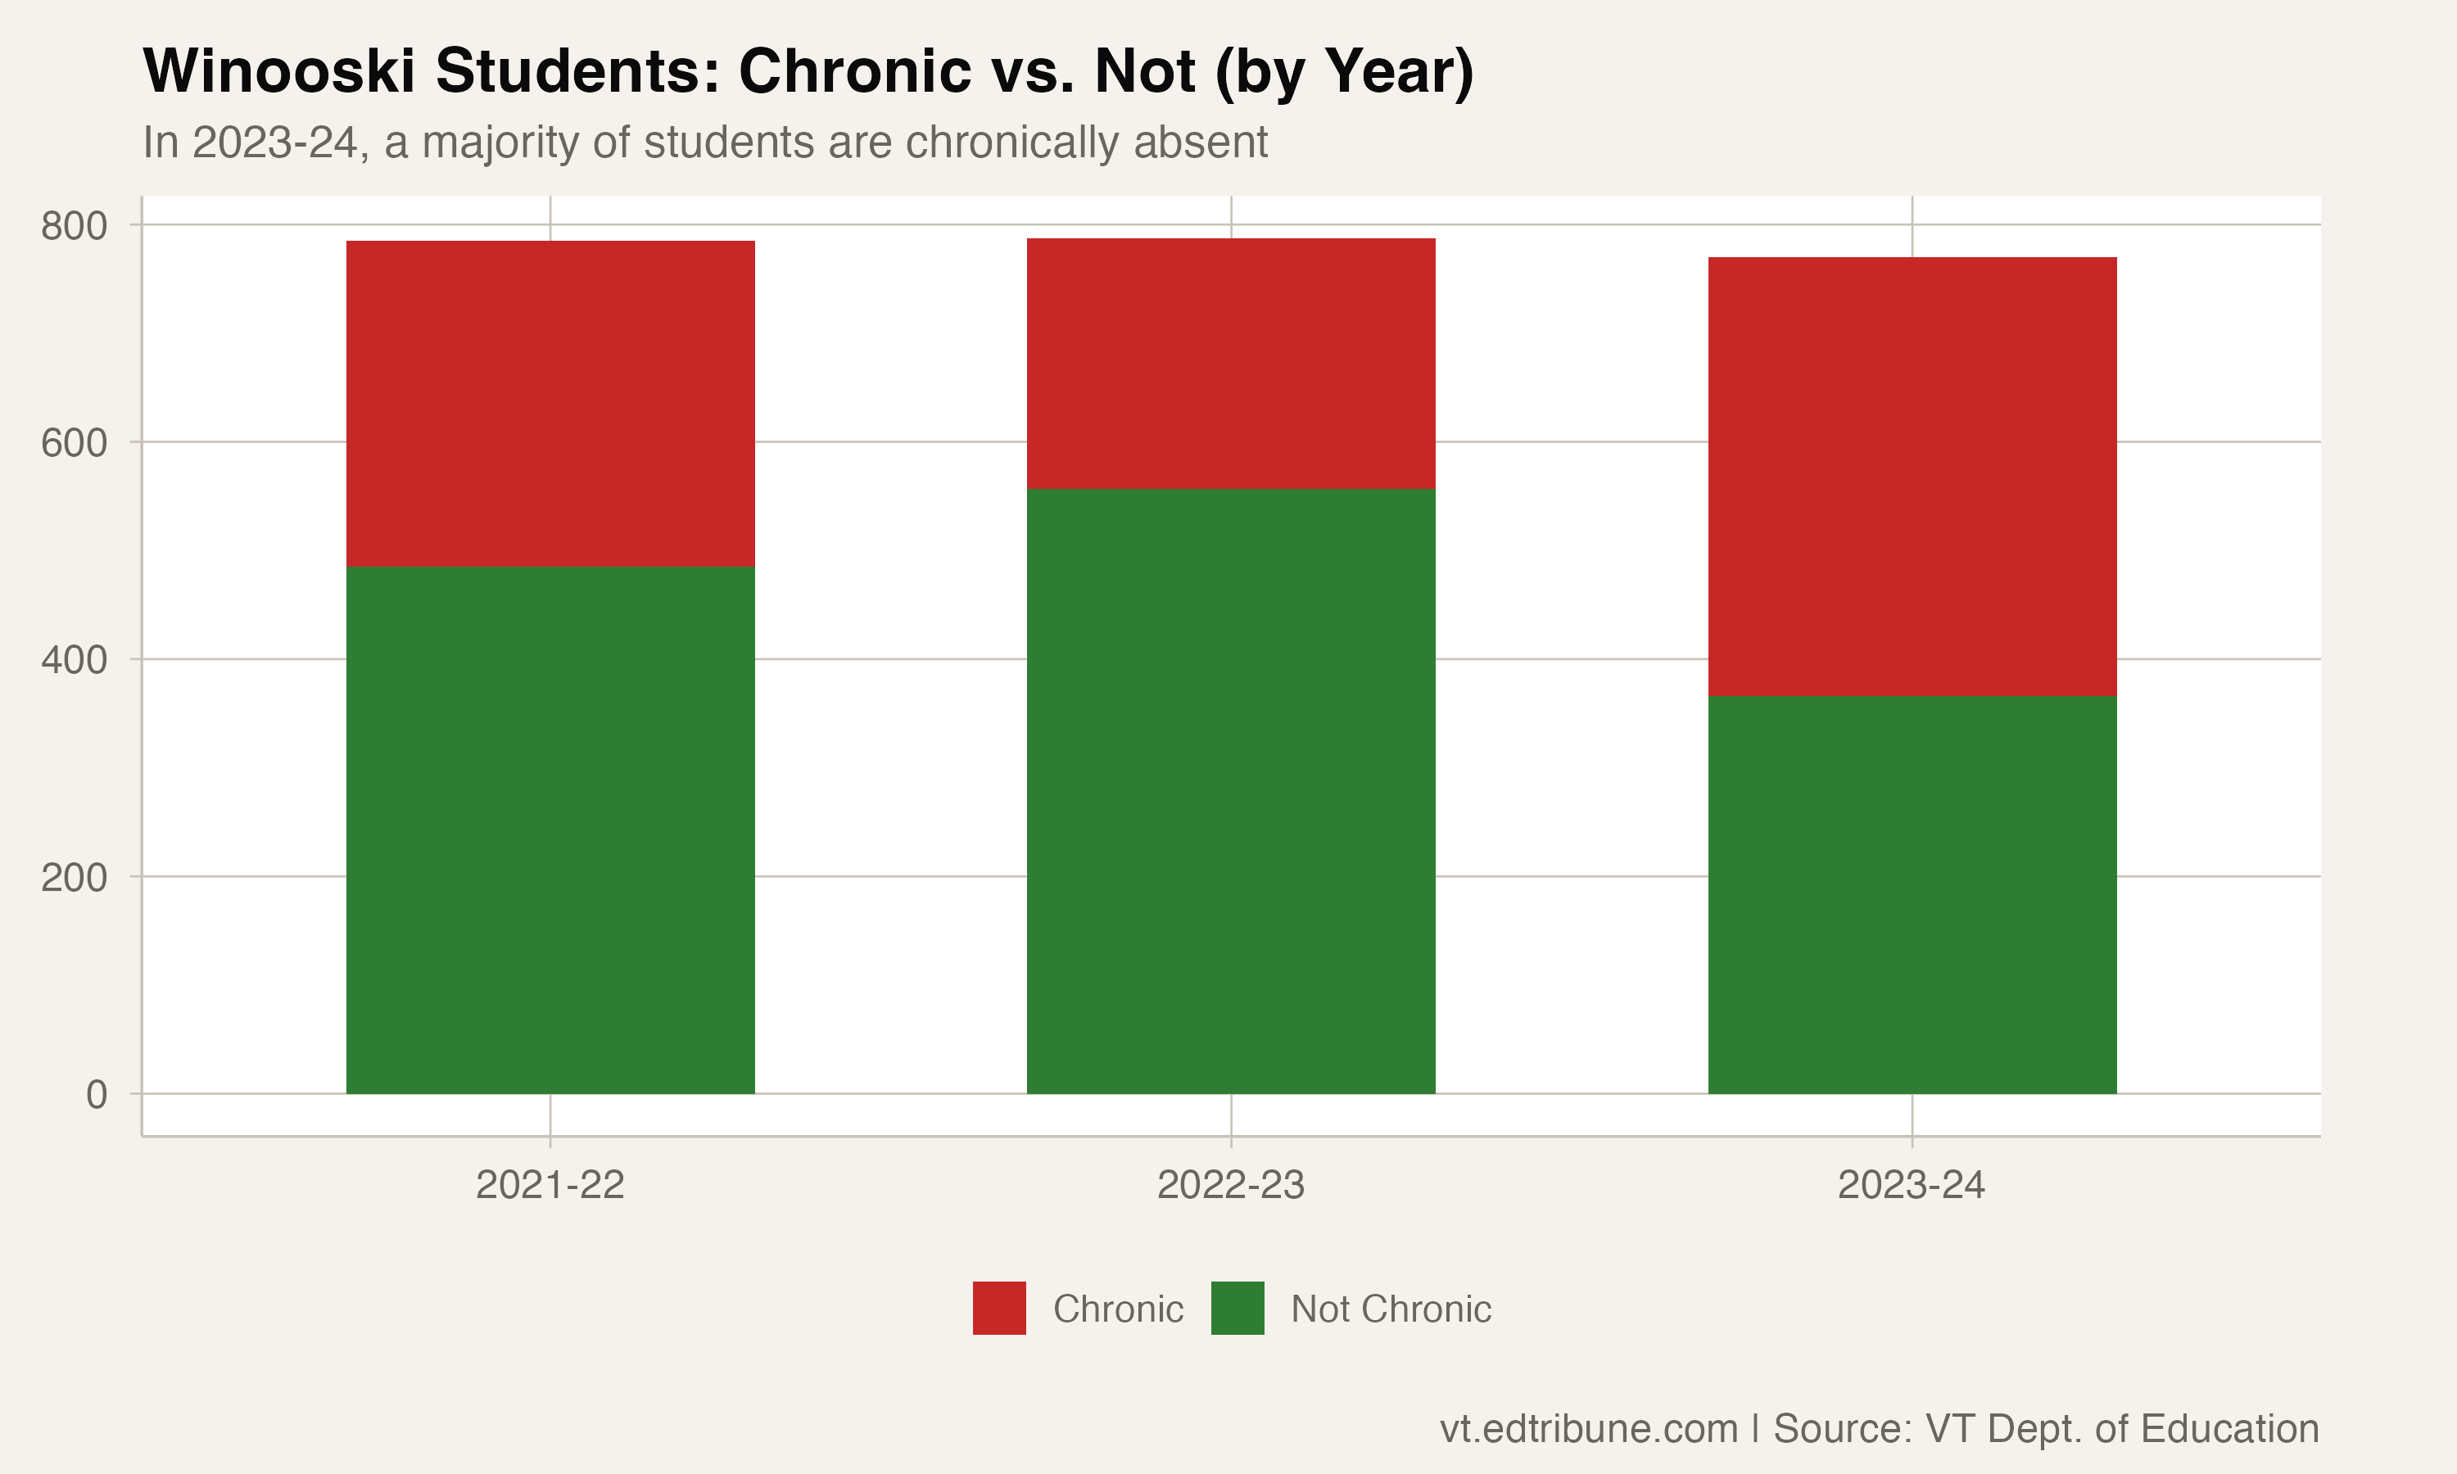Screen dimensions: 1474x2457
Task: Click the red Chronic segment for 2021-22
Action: [550, 403]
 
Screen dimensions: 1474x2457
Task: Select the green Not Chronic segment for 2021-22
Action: [550, 830]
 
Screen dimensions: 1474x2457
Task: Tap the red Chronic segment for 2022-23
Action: [1230, 364]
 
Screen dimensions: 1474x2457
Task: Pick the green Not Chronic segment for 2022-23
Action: [1230, 790]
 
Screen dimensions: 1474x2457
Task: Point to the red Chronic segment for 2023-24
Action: [1912, 477]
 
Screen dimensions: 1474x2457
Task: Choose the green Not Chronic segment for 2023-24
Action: [1912, 895]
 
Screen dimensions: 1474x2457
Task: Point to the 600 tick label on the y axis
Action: [75, 443]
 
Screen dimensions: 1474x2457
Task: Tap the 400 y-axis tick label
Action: [75, 659]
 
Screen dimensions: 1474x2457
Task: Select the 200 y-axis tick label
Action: [75, 878]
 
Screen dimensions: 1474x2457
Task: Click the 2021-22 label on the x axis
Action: [550, 1185]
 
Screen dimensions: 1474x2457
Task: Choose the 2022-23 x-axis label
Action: [1230, 1185]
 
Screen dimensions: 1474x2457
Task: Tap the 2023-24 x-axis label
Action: [1912, 1185]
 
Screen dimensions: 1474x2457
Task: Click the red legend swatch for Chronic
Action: [999, 1308]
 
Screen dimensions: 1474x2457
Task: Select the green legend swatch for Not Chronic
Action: [1238, 1308]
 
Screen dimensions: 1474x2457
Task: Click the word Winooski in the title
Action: [279, 71]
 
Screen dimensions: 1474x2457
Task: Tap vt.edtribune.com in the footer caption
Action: [1589, 1428]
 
